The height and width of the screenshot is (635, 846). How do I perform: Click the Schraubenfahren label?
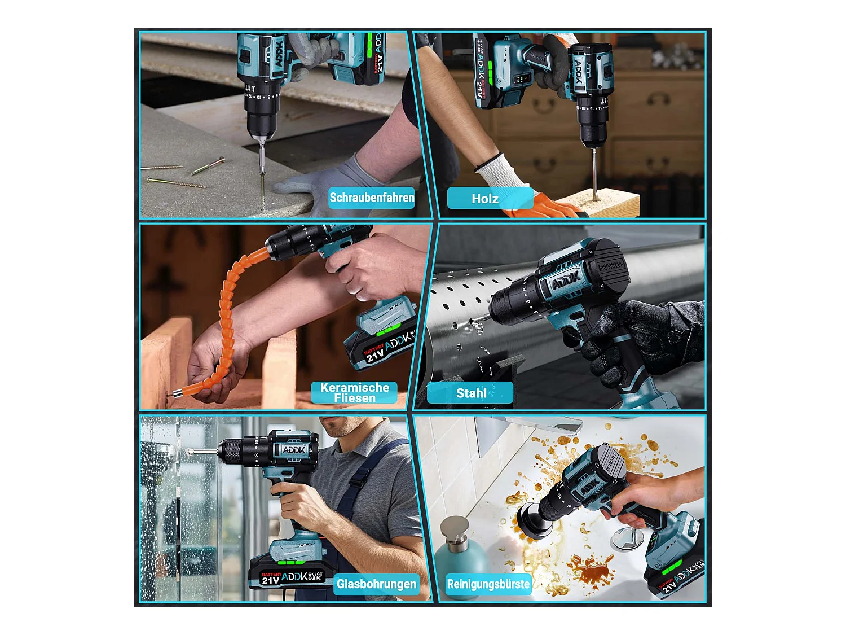[372, 198]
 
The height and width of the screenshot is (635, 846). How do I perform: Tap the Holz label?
[485, 199]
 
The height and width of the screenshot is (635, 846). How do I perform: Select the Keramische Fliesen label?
[354, 393]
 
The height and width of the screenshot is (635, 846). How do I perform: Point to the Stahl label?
[471, 393]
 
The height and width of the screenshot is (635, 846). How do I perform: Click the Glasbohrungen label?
[376, 584]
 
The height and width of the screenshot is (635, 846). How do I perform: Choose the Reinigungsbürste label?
[488, 584]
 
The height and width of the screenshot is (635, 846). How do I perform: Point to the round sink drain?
[627, 539]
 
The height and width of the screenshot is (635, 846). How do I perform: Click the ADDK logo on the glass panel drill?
[294, 450]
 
